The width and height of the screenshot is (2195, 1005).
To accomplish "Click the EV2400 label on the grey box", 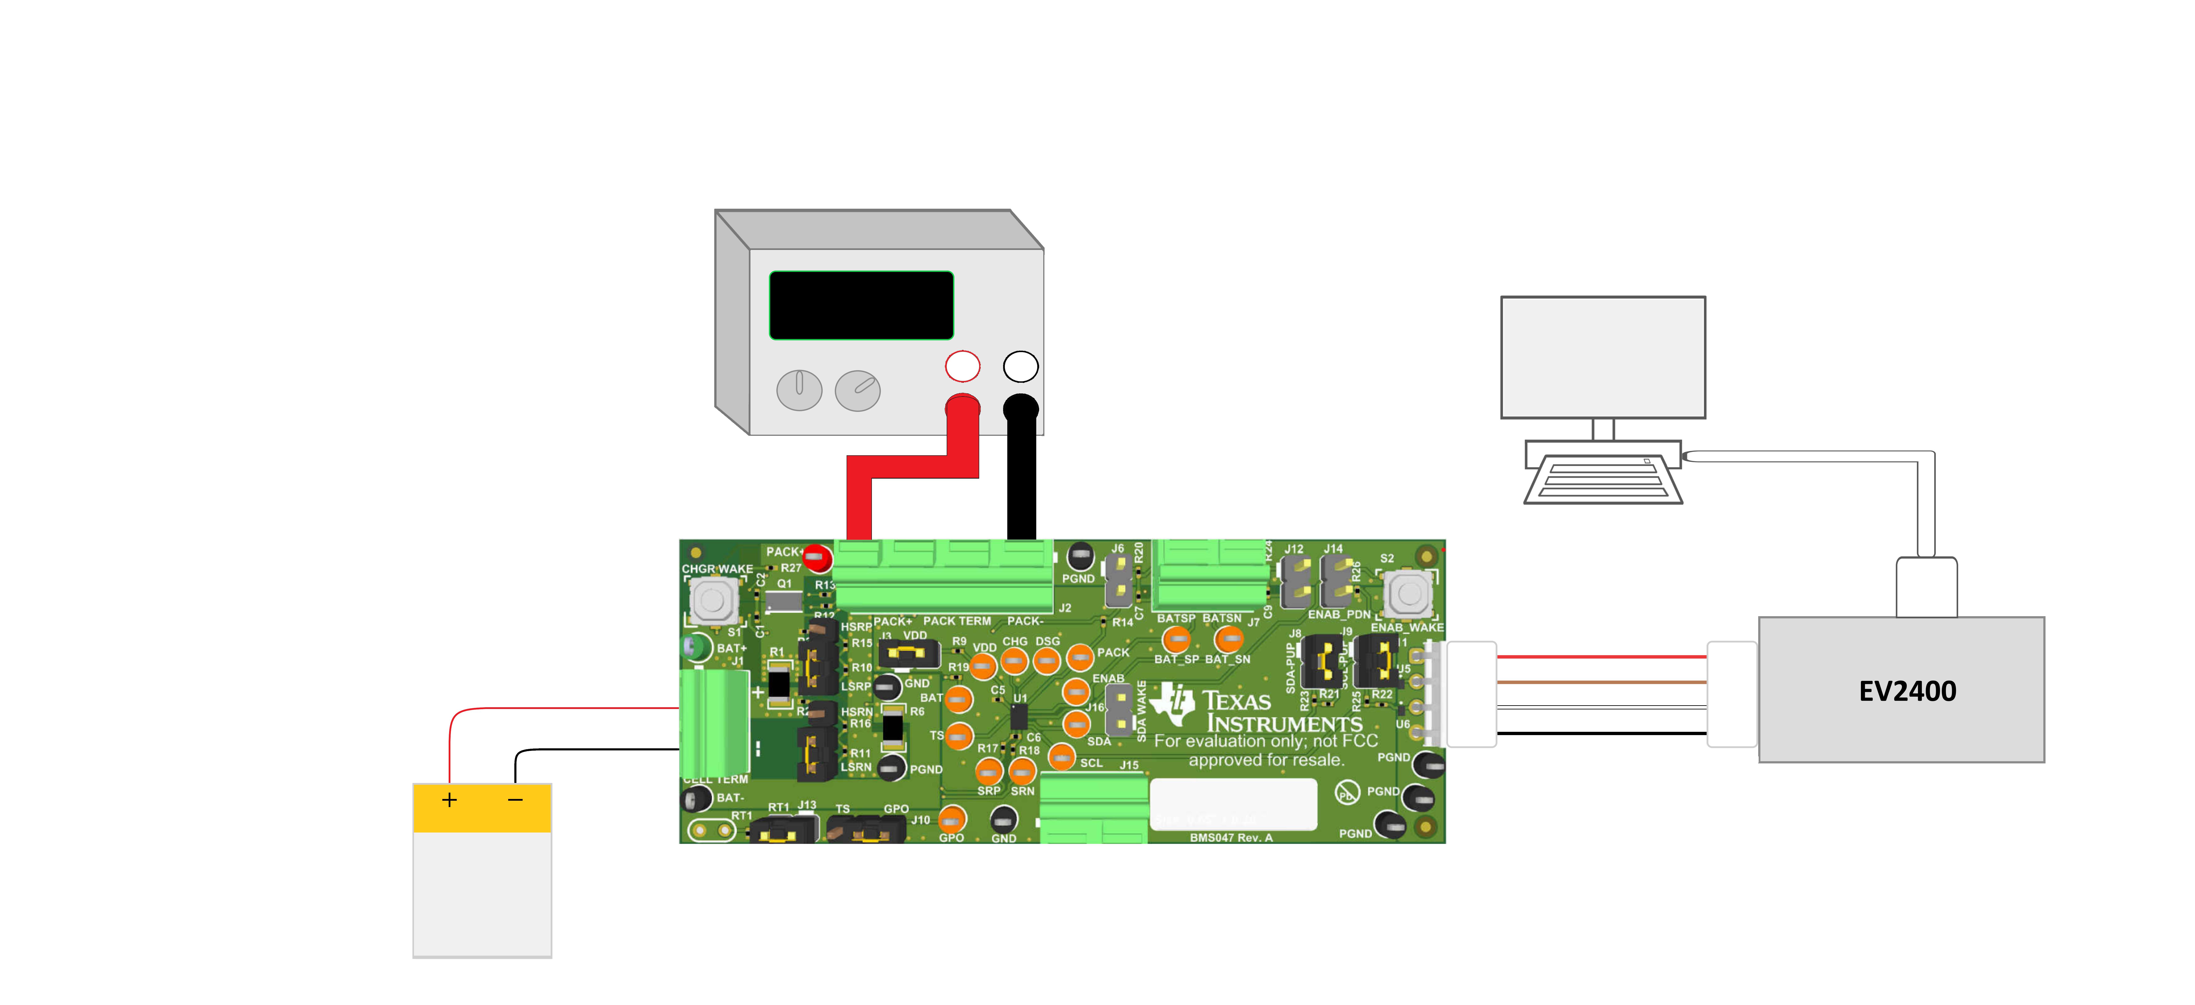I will pyautogui.click(x=1907, y=691).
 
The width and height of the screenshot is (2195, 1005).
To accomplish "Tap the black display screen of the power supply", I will pyautogui.click(x=861, y=305).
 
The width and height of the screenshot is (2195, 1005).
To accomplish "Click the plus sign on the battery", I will pyautogui.click(x=449, y=800).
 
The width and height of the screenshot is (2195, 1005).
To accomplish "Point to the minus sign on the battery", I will pyautogui.click(x=515, y=800).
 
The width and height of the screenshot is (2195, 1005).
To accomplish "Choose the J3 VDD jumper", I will pyautogui.click(x=908, y=654).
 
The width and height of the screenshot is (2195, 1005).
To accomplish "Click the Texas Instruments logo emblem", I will pyautogui.click(x=1173, y=703).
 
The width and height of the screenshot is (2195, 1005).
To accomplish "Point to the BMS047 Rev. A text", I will pyautogui.click(x=1231, y=837).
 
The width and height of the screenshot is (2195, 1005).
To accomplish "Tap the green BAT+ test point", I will pyautogui.click(x=697, y=647).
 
